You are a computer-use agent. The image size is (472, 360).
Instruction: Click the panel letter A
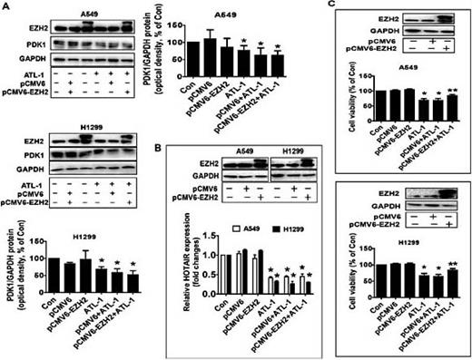coord(5,6)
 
